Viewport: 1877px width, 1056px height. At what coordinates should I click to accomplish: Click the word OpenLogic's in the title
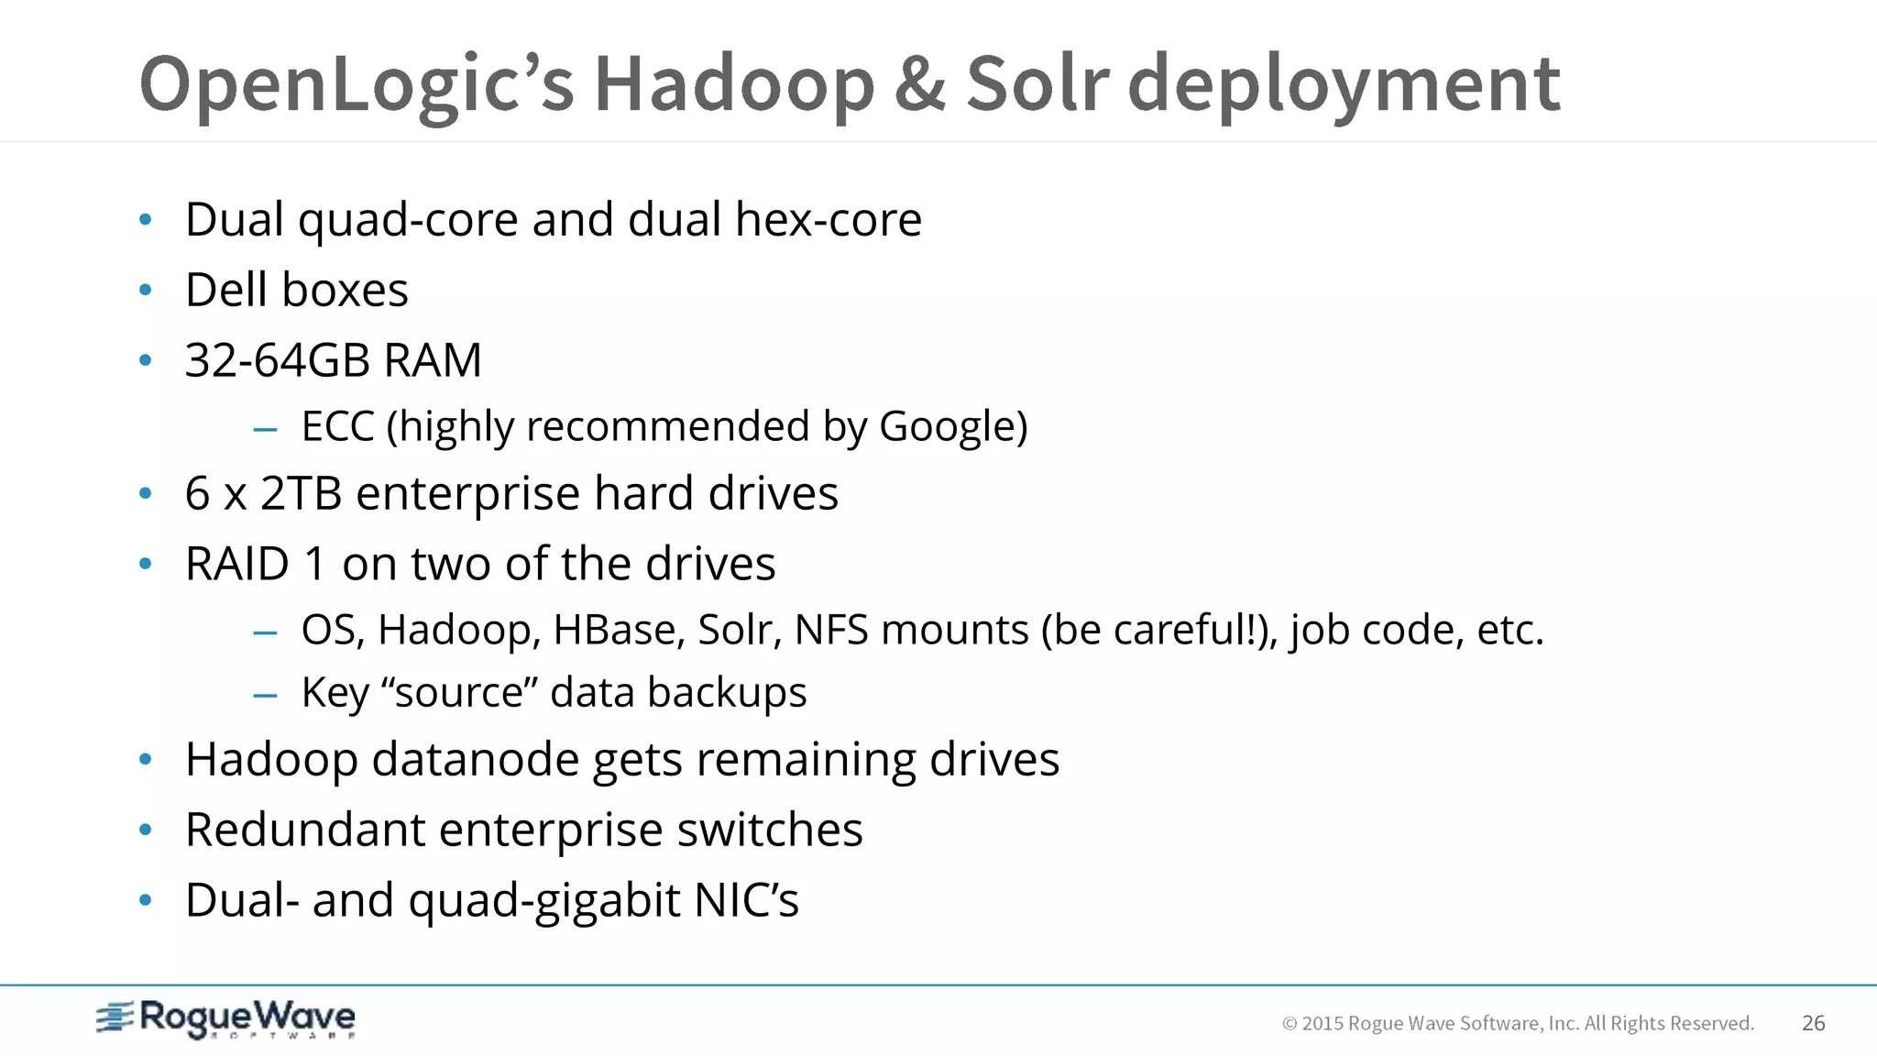pyautogui.click(x=357, y=84)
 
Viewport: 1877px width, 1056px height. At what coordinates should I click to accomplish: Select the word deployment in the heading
pyautogui.click(x=1344, y=84)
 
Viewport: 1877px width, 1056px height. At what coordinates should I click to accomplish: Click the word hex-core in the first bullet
pyautogui.click(x=828, y=220)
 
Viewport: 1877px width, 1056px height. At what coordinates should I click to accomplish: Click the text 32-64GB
pyautogui.click(x=278, y=360)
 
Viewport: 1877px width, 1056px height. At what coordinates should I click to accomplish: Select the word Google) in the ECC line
pyautogui.click(x=953, y=427)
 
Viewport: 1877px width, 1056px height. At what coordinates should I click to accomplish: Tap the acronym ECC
pyautogui.click(x=337, y=427)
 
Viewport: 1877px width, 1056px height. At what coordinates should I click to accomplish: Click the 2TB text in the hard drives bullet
pyautogui.click(x=301, y=494)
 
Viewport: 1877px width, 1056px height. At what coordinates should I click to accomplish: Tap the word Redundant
pyautogui.click(x=305, y=830)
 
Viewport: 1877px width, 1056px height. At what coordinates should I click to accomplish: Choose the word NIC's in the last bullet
pyautogui.click(x=746, y=900)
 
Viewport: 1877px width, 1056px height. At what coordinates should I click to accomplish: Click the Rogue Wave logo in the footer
pyautogui.click(x=225, y=1019)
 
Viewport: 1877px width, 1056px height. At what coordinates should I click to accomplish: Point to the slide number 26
pyautogui.click(x=1813, y=1023)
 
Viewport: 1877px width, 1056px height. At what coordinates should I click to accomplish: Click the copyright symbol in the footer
pyautogui.click(x=1289, y=1024)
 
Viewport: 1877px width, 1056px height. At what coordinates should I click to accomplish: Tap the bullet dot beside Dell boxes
pyautogui.click(x=145, y=291)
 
